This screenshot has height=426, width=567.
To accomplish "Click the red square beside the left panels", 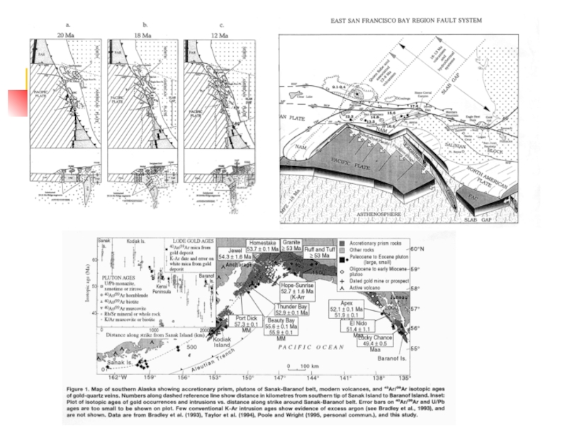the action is click(17, 104).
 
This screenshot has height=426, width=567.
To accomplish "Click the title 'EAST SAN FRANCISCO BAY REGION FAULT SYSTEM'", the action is click(406, 21).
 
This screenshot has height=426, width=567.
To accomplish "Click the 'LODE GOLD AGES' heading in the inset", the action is click(186, 243).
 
